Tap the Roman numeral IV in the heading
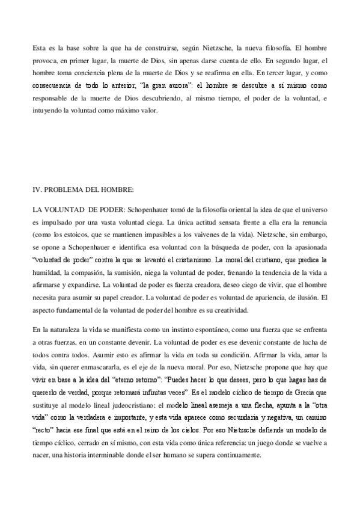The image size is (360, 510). (x=36, y=190)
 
